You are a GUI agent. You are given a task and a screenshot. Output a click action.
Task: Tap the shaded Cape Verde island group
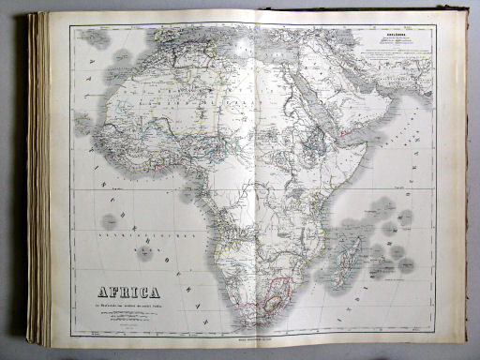(x=84, y=123)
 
